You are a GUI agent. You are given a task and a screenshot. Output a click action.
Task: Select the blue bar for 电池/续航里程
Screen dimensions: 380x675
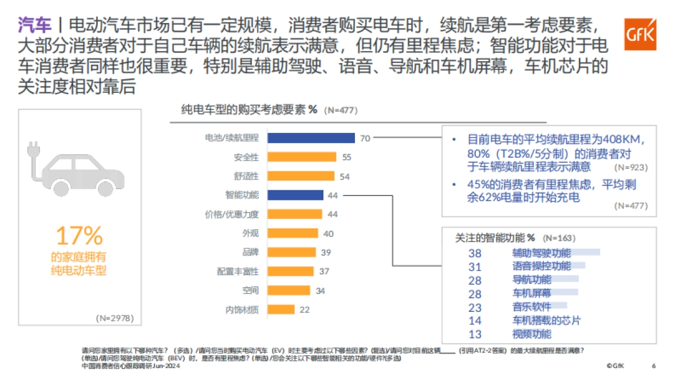click(310, 138)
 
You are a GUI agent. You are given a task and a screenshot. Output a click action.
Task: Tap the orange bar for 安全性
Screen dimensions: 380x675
click(301, 157)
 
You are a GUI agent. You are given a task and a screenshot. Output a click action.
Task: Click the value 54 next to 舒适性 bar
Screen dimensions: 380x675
click(345, 176)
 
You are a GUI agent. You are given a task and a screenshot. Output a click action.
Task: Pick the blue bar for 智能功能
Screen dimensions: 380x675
click(295, 195)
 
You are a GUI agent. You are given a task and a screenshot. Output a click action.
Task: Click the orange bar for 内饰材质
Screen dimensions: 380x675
click(281, 309)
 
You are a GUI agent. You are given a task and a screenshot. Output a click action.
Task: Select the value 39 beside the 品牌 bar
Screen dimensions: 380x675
click(326, 253)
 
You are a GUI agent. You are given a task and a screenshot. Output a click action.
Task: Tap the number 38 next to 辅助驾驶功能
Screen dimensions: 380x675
click(475, 253)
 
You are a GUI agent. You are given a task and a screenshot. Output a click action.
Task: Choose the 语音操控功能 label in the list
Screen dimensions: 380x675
click(541, 266)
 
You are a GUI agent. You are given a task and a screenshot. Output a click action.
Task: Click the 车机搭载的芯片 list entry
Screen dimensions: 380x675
click(546, 320)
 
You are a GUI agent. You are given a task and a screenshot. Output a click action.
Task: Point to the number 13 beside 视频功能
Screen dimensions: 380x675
click(475, 334)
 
